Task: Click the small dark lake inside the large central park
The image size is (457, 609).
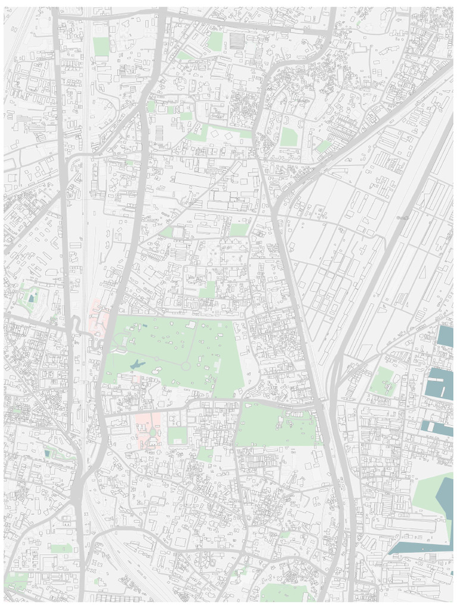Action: [x=136, y=364]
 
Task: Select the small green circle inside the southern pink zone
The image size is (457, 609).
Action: [x=152, y=432]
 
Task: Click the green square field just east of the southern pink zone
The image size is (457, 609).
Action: [x=177, y=436]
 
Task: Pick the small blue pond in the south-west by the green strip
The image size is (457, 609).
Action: [x=47, y=453]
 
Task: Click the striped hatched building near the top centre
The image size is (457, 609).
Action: [x=237, y=40]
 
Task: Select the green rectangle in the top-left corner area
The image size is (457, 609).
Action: [x=101, y=46]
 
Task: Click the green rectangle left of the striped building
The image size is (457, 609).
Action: [x=215, y=40]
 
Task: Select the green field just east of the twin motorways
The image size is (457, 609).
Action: [x=382, y=381]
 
